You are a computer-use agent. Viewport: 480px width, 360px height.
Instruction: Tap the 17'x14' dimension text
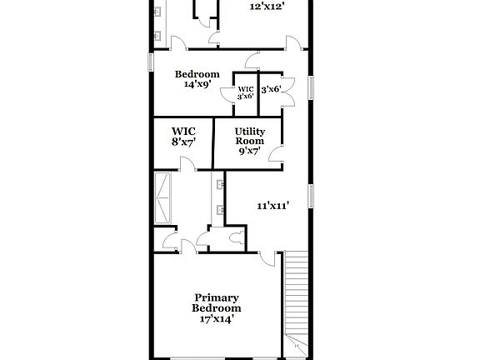point(216,317)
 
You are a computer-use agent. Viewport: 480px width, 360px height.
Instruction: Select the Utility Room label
point(249,137)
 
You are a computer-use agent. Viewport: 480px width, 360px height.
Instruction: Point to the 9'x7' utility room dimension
point(249,152)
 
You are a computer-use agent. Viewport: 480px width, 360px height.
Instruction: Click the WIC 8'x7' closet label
point(183,137)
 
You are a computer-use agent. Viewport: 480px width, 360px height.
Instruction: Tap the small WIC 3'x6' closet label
point(246,92)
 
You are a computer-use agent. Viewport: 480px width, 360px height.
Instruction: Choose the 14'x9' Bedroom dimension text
point(197,83)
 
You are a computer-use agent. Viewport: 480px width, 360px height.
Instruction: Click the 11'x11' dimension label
point(272,205)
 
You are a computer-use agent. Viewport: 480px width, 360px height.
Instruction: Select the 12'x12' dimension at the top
point(267,6)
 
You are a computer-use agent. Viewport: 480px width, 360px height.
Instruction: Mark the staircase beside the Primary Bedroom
point(297,300)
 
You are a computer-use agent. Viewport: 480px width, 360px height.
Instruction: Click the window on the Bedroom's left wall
point(151,62)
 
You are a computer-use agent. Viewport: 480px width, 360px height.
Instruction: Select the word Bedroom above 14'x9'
point(197,73)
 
